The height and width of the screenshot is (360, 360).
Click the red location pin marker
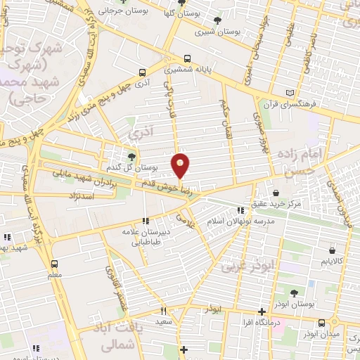[181, 166]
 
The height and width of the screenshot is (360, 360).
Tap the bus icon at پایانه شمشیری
[186, 60]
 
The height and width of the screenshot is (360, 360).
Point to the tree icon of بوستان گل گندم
[131, 156]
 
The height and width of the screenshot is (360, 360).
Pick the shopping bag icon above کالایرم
[331, 250]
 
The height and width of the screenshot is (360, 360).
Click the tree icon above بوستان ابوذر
[294, 293]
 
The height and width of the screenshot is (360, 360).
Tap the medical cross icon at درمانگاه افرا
[261, 311]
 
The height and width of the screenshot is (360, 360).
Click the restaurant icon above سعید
[163, 311]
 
